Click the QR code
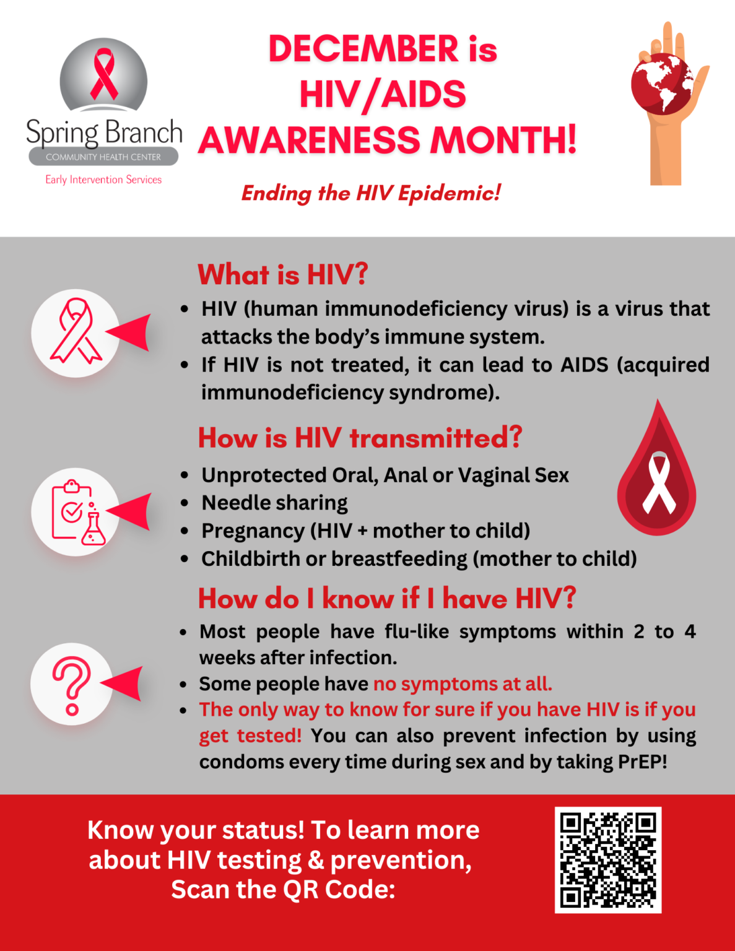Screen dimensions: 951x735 click(608, 859)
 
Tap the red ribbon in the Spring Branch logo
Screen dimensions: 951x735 click(104, 74)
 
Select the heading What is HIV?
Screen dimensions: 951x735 click(282, 274)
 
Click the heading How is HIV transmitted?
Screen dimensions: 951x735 click(360, 438)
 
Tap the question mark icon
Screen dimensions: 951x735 click(72, 685)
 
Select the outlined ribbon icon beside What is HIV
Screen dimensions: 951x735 click(76, 332)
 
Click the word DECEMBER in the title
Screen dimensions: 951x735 click(363, 49)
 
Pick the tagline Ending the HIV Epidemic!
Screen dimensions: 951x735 click(371, 193)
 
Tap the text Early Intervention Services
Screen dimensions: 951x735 click(103, 180)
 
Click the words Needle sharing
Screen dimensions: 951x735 click(274, 503)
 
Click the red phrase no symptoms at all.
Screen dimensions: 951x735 click(463, 684)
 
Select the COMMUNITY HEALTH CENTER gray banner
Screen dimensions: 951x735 click(103, 157)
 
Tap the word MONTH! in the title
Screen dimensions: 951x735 click(503, 140)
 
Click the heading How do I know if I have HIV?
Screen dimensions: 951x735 click(387, 599)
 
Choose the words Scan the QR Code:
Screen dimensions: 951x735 click(283, 889)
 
